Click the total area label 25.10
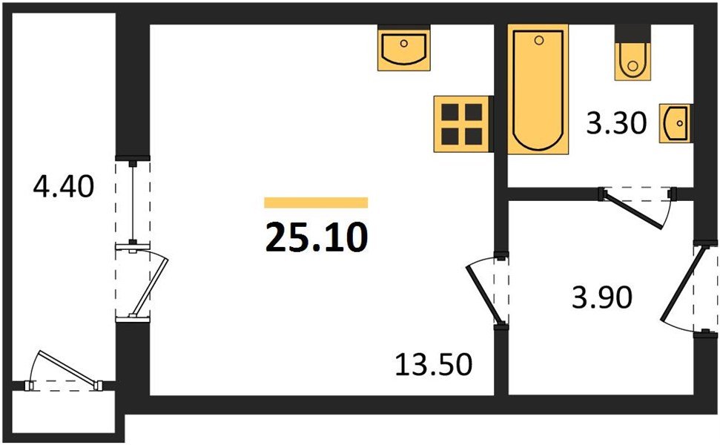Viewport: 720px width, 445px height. (x=316, y=237)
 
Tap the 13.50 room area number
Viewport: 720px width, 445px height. (x=434, y=365)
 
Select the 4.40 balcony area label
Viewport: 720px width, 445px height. (x=64, y=185)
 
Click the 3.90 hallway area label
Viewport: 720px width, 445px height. (x=601, y=298)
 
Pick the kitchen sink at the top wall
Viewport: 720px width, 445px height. (x=404, y=49)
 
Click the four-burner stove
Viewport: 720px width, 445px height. (x=461, y=124)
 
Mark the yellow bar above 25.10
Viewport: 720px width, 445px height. (x=316, y=202)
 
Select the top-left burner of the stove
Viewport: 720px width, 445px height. (x=450, y=112)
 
